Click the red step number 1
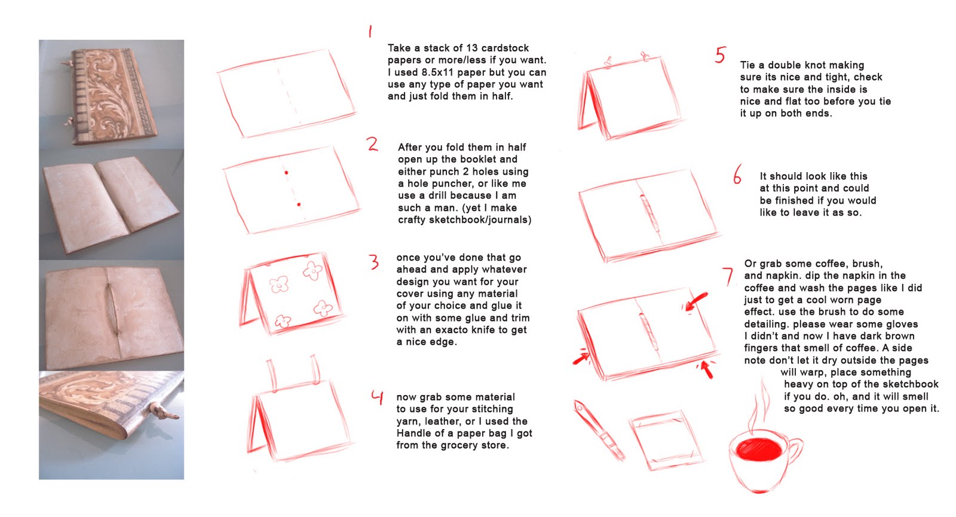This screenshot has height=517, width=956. click(x=370, y=31)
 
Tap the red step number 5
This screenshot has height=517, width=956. click(x=721, y=54)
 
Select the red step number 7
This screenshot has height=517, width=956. click(x=728, y=276)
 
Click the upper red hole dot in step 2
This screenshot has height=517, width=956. click(x=286, y=173)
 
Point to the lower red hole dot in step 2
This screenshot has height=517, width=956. click(x=299, y=205)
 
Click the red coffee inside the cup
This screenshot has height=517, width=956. click(x=759, y=449)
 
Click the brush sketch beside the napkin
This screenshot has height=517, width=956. click(x=598, y=430)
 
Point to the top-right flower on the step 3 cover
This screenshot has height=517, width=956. click(x=313, y=271)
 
